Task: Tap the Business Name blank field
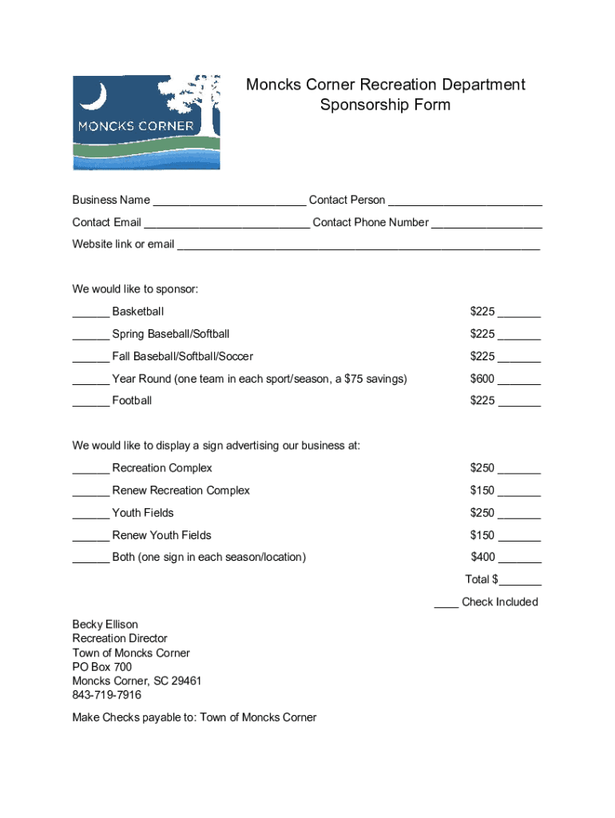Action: point(229,201)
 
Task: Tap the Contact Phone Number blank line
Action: point(486,224)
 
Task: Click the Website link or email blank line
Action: point(358,246)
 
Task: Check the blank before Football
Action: point(90,402)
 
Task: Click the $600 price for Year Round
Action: point(482,379)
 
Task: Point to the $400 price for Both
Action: point(482,557)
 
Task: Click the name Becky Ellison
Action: point(105,624)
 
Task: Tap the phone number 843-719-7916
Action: point(107,695)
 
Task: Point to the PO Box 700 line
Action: point(102,667)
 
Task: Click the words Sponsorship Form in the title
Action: point(385,105)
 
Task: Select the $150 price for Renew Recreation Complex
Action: point(482,490)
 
